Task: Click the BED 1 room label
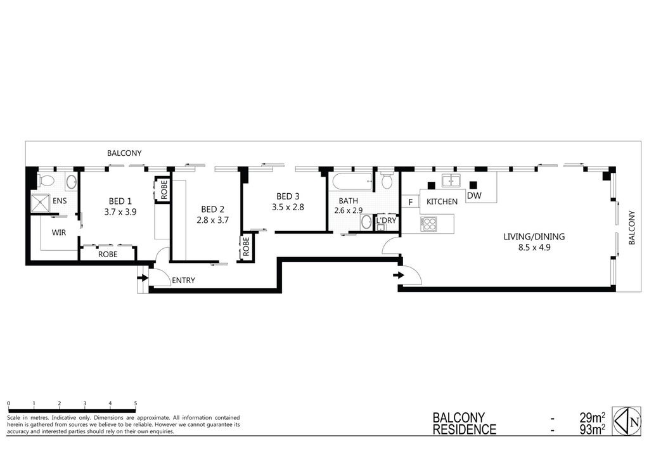coord(120,201)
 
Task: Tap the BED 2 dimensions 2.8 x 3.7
coord(213,220)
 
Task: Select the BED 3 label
coord(288,196)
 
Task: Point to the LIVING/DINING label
coord(534,237)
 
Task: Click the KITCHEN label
coord(442,201)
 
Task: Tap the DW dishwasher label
coord(474,195)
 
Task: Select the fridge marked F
coord(411,202)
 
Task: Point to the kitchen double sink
coord(452,181)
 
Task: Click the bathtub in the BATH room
coord(351,181)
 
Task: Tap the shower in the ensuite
coord(40,203)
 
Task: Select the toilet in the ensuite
coord(46,180)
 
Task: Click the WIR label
coord(59,232)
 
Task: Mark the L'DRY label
coord(386,220)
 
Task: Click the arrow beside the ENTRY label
coord(143,278)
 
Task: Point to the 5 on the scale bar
coord(136,403)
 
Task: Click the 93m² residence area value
coord(593,430)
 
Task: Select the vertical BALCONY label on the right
coord(632,228)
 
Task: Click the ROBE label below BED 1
coord(108,255)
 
